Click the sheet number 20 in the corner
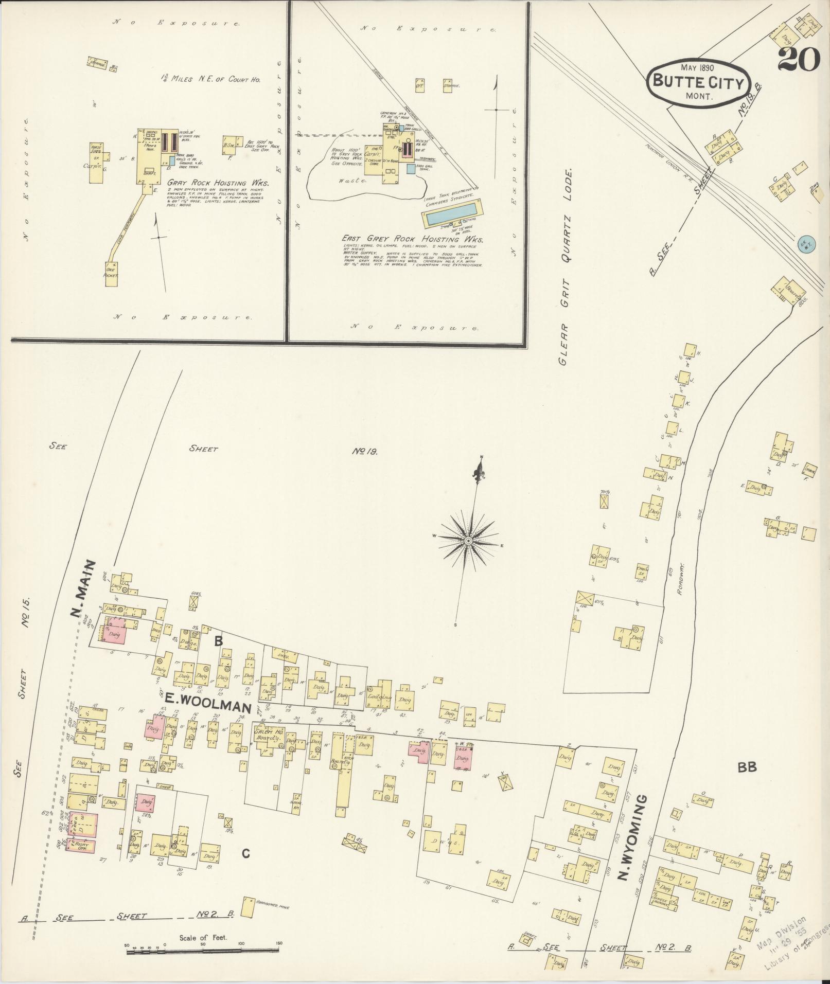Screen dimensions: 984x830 click(799, 60)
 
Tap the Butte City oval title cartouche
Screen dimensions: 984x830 click(699, 82)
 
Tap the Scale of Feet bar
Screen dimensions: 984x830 click(203, 953)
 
